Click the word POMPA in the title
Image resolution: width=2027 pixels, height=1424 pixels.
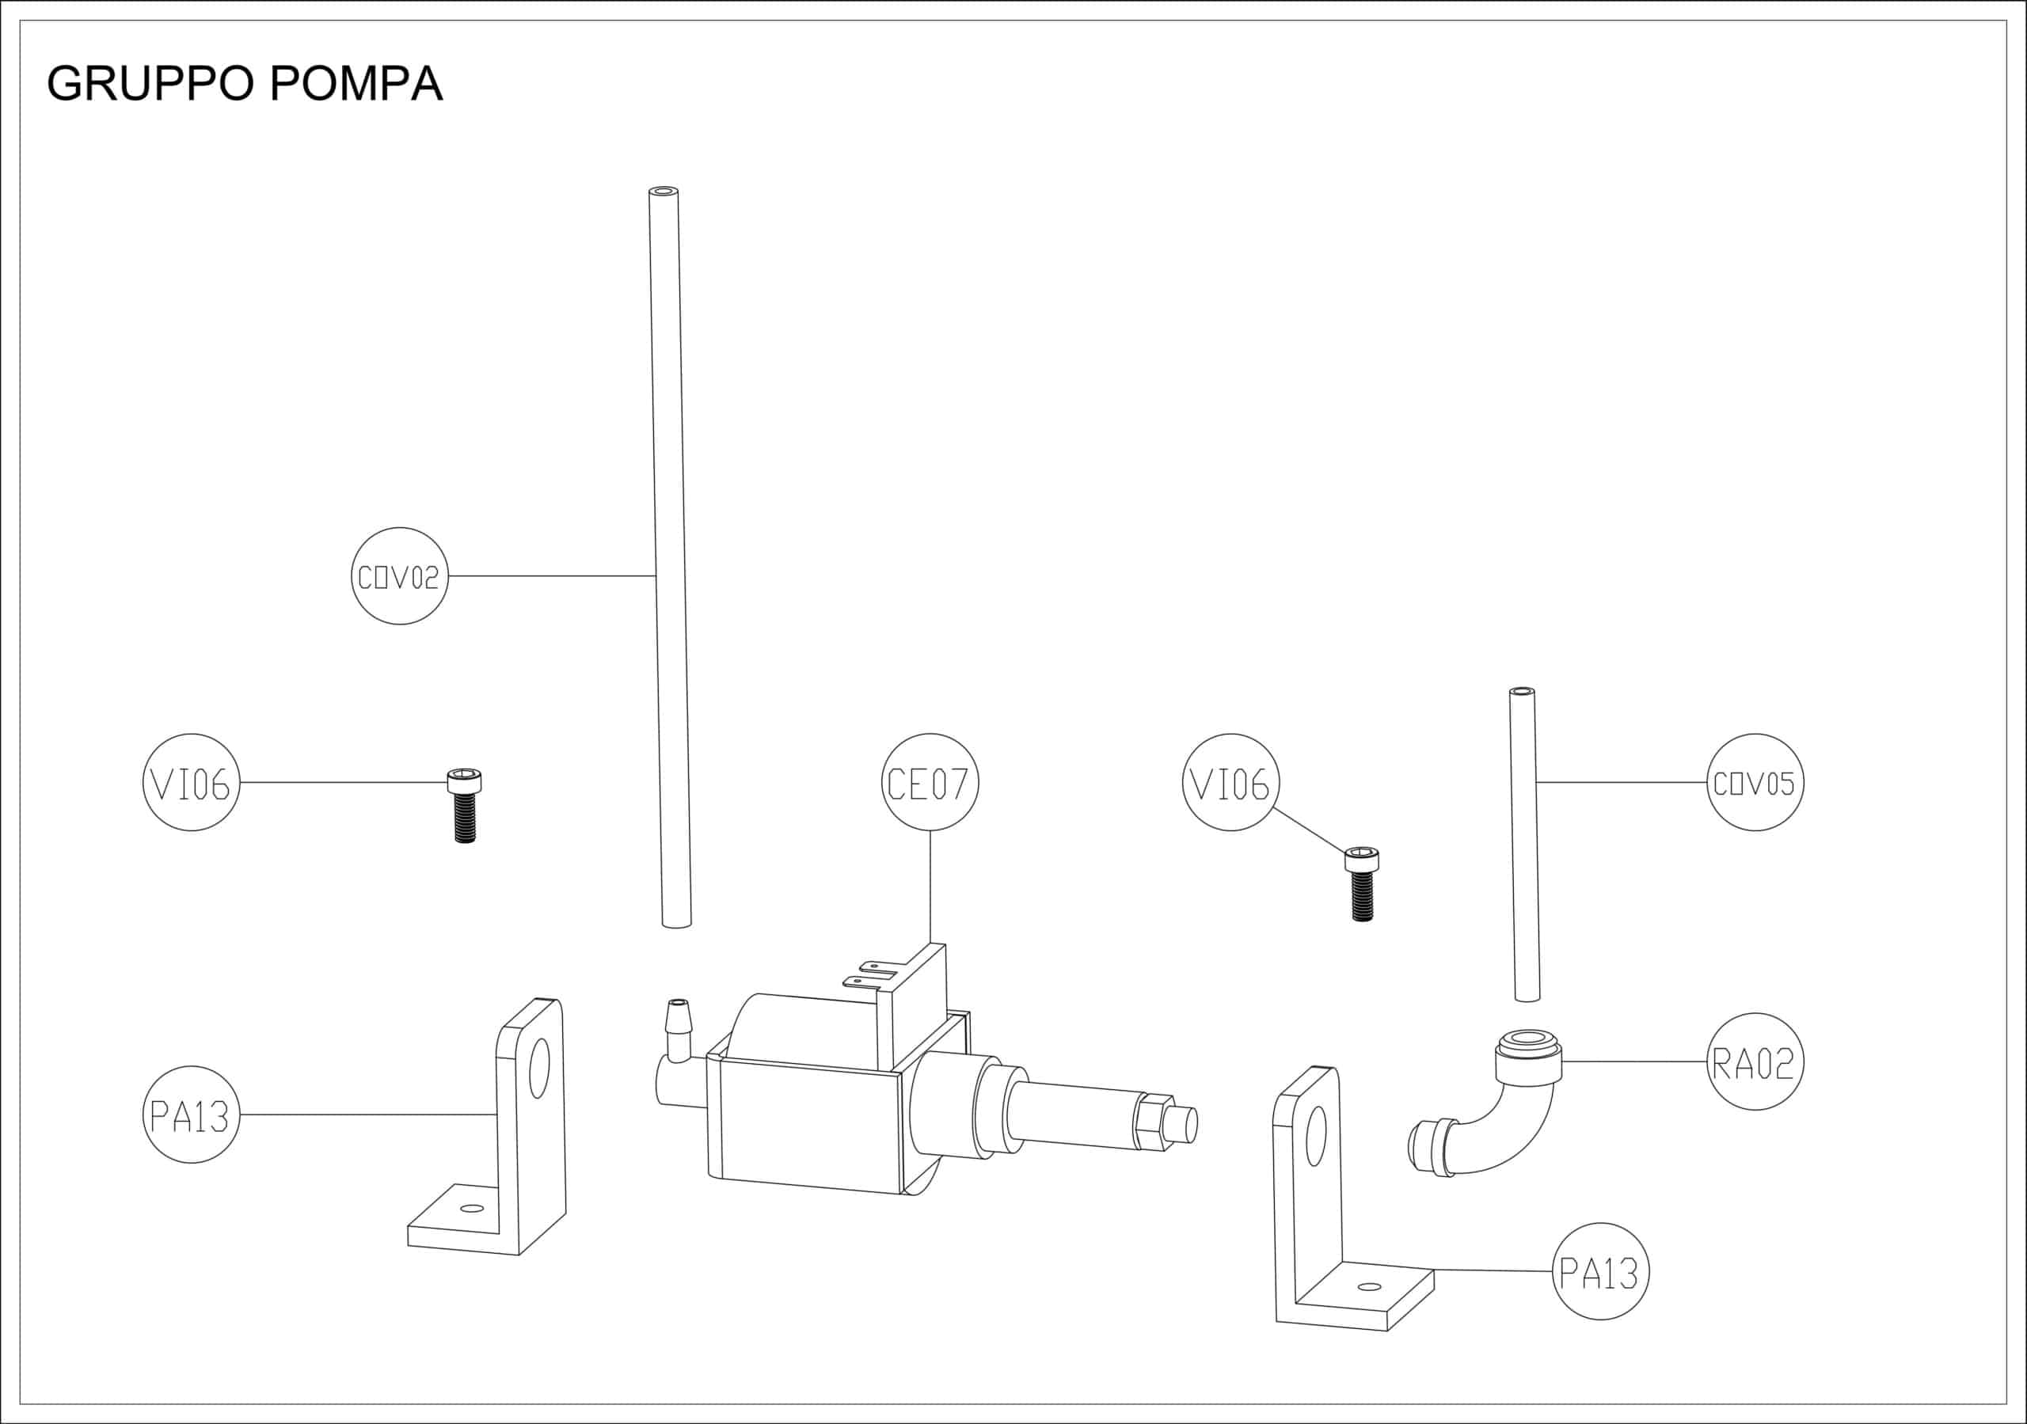pos(356,85)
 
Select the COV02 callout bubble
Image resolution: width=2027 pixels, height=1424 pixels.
pos(399,576)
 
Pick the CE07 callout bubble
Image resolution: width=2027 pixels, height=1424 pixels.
pos(930,782)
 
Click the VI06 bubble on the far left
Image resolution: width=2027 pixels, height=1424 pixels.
pos(191,782)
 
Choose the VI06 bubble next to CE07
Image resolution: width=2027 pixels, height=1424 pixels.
pos(1230,782)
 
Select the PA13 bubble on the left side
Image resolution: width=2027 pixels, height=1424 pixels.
pos(191,1115)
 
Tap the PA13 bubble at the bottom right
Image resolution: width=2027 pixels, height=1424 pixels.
pos(1599,1272)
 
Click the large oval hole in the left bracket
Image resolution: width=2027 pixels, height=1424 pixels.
pos(538,1069)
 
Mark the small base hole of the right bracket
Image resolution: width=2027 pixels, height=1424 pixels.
pos(1368,1287)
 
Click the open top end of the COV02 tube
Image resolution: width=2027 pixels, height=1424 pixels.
pos(663,191)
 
